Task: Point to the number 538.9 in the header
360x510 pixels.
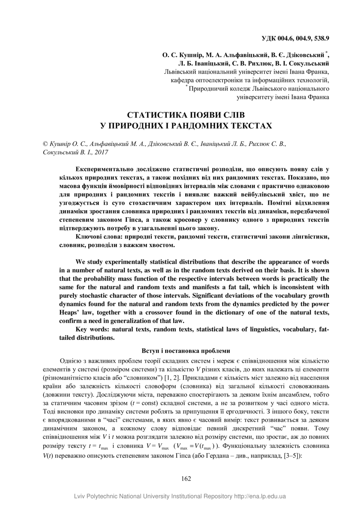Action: pyautogui.click(x=321, y=39)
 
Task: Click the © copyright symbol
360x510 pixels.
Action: pyautogui.click(x=46, y=144)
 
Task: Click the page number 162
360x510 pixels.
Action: pyautogui.click(x=186, y=478)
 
